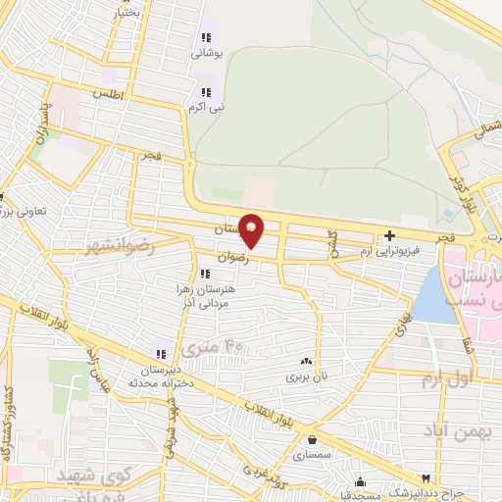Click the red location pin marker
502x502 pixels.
252,229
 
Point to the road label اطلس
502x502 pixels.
105,94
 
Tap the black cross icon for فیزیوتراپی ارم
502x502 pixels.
390,235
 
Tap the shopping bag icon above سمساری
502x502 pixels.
312,440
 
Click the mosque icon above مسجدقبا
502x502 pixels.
361,481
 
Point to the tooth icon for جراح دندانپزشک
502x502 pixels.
425,477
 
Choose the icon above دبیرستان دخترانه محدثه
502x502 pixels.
159,354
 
